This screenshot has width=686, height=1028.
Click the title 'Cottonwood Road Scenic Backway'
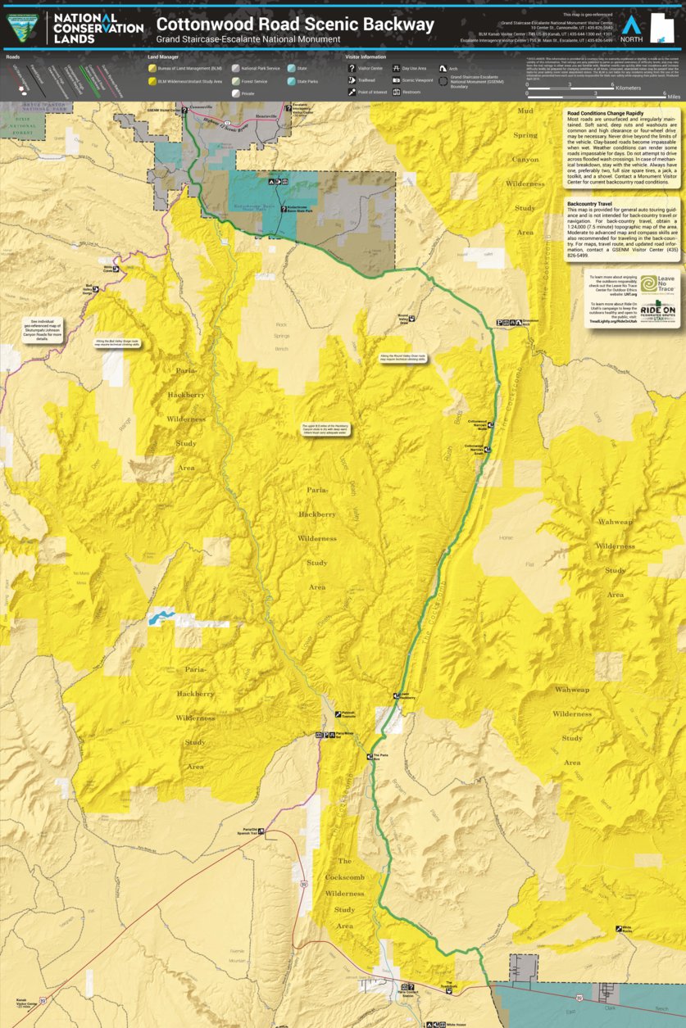pos(295,25)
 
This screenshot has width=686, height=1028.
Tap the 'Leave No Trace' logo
pos(658,284)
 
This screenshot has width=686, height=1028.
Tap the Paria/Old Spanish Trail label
pos(246,831)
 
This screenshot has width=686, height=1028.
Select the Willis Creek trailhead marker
pos(116,268)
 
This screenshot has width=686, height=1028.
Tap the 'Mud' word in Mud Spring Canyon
pos(525,110)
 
